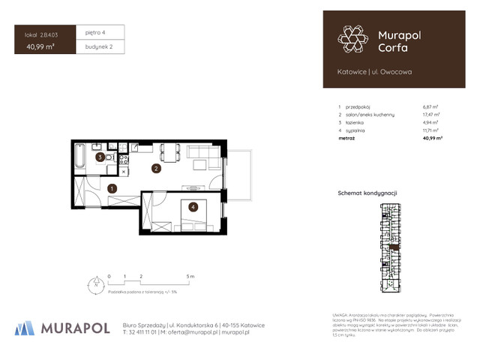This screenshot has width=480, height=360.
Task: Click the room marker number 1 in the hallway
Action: (x=111, y=188)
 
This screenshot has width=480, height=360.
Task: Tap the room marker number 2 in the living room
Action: (x=155, y=169)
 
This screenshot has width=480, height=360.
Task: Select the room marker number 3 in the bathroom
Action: (x=100, y=157)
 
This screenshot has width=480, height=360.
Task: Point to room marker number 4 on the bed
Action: (x=193, y=207)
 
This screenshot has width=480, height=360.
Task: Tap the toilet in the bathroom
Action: (x=110, y=159)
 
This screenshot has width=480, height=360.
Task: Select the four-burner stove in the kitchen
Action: (x=124, y=159)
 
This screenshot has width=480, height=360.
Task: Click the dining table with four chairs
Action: (x=172, y=151)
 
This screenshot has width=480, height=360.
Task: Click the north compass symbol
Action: (x=95, y=284)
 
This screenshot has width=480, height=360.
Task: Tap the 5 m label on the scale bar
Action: (x=191, y=277)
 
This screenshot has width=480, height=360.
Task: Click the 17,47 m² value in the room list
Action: (x=431, y=115)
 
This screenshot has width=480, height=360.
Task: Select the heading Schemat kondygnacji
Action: (x=367, y=193)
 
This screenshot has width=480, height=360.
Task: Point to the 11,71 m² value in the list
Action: (x=431, y=131)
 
